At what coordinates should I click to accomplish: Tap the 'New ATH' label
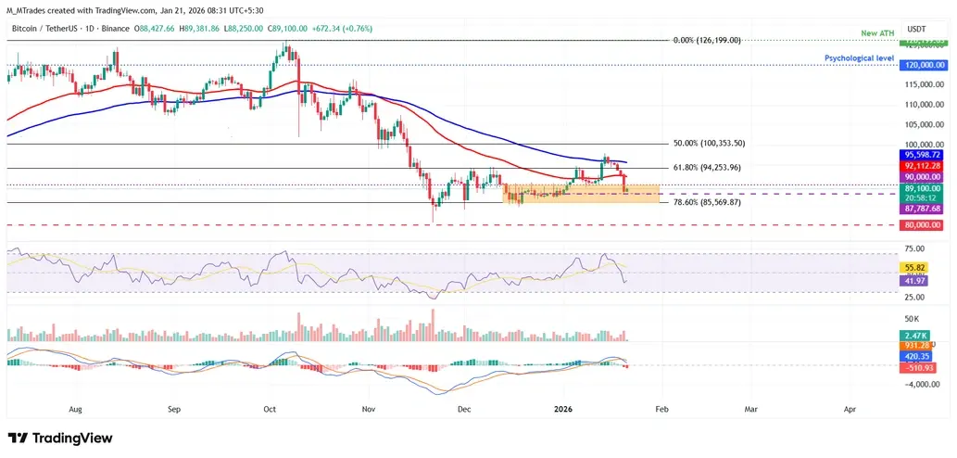tap(875, 34)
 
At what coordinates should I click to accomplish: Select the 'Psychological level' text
tap(859, 57)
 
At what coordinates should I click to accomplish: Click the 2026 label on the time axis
tap(563, 408)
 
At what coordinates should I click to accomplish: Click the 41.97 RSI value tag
tap(918, 280)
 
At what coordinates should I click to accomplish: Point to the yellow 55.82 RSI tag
tap(918, 265)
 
